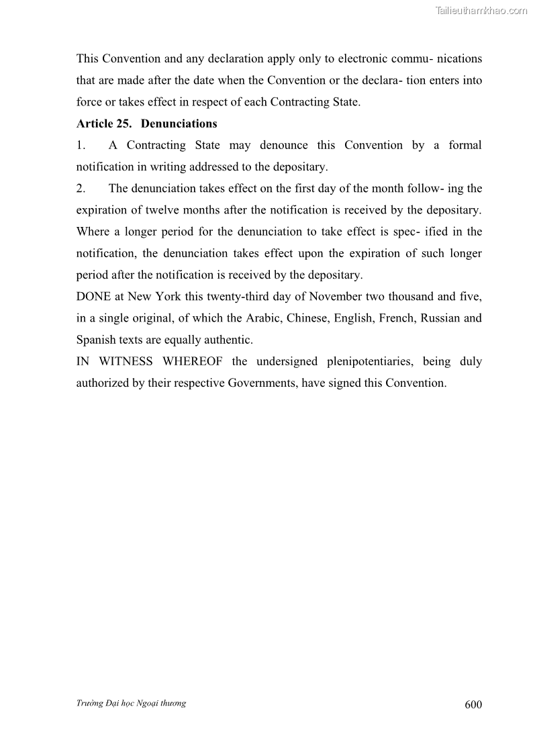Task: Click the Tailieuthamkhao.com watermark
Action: [x=481, y=10]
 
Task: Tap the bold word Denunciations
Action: [x=179, y=124]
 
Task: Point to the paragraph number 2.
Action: [x=81, y=188]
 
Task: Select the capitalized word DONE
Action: [x=93, y=296]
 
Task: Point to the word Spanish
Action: [x=96, y=339]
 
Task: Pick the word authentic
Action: [x=229, y=339]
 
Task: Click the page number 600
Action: [x=473, y=704]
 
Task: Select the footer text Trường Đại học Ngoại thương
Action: [x=131, y=703]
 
